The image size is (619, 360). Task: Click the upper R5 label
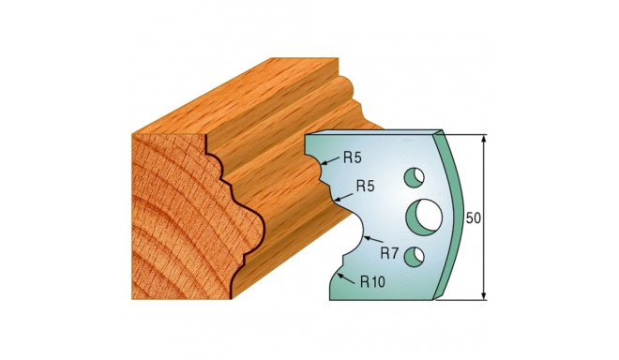352,158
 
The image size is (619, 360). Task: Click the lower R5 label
365,186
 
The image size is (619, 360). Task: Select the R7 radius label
389,253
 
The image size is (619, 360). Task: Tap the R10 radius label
372,282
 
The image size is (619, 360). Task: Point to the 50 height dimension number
474,218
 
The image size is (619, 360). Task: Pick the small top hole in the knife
414,177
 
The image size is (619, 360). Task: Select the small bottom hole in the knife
414,256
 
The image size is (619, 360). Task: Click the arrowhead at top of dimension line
484,139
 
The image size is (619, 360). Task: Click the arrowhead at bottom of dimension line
484,295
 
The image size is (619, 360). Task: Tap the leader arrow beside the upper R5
331,160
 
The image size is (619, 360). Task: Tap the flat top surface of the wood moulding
237,97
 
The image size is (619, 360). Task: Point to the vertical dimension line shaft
484,217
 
